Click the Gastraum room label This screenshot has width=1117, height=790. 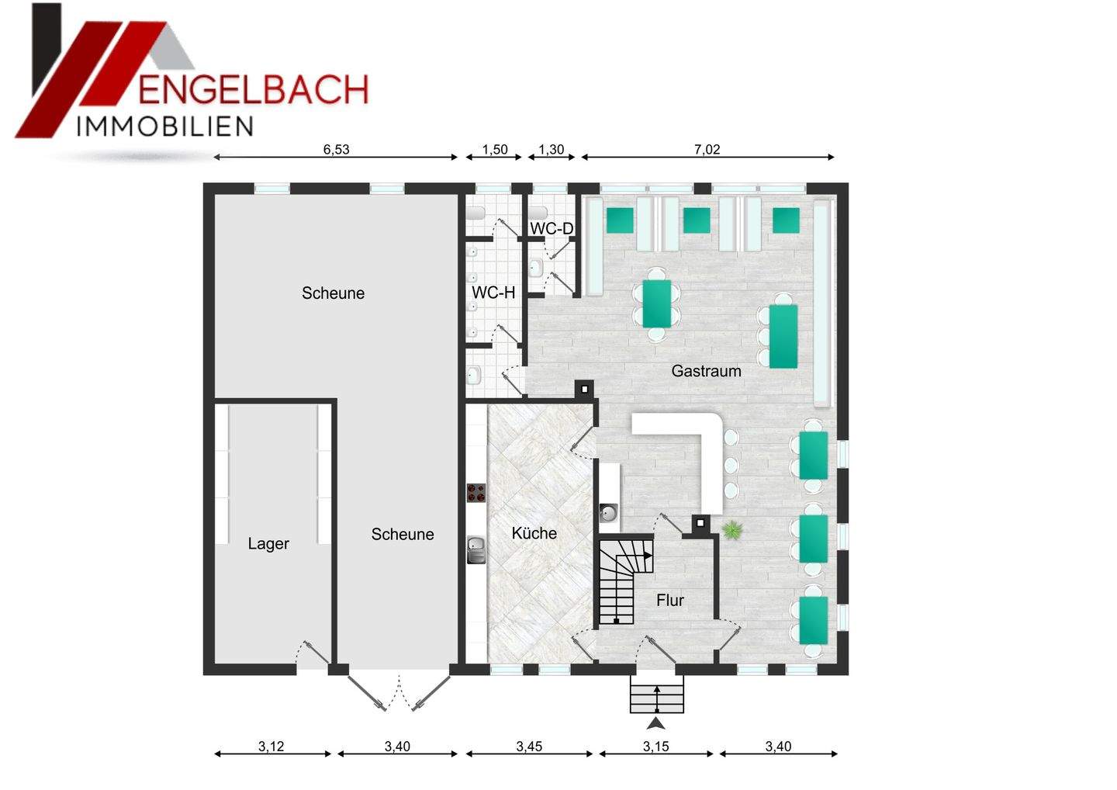706,371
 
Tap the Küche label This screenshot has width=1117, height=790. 534,533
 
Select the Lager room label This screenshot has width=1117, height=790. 268,543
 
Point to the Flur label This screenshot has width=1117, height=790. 670,600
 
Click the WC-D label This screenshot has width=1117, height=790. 552,229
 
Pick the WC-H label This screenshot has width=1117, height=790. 493,293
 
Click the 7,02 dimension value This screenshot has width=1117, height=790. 707,150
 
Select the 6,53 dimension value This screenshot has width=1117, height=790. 337,150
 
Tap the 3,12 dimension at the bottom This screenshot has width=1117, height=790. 271,747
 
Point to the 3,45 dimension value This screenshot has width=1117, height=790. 529,747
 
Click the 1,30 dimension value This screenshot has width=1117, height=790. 551,150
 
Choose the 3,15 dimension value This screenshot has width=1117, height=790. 655,747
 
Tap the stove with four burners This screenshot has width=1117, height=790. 476,492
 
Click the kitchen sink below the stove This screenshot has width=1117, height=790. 476,549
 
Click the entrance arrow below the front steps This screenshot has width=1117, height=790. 656,724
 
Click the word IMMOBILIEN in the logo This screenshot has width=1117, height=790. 164,126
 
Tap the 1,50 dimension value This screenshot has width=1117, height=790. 495,150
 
